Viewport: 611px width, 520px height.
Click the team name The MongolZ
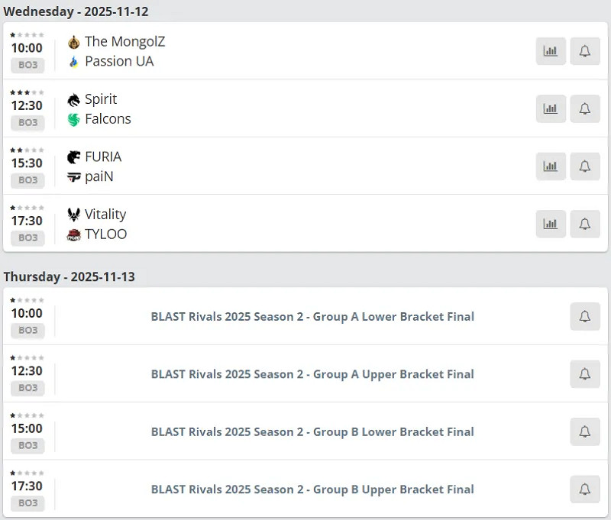point(124,41)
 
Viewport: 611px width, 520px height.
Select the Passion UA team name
point(119,61)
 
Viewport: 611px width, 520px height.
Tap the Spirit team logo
point(73,100)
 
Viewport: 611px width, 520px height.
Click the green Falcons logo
point(73,120)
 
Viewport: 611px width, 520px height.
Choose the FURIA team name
point(103,157)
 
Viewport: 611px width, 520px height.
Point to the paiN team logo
point(73,177)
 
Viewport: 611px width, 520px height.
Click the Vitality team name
point(105,215)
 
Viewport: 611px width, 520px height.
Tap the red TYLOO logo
point(73,234)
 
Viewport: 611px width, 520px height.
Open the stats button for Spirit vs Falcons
point(551,108)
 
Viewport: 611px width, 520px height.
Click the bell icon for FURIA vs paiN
point(585,166)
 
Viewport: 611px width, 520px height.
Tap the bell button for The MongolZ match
point(585,51)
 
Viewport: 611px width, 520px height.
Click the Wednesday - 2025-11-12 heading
point(76,11)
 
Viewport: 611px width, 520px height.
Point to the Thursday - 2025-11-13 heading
point(70,276)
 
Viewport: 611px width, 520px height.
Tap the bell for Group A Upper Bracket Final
point(585,374)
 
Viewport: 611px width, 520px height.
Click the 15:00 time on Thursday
point(27,428)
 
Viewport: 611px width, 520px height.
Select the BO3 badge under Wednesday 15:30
point(27,180)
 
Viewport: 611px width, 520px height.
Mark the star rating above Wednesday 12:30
point(27,92)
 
